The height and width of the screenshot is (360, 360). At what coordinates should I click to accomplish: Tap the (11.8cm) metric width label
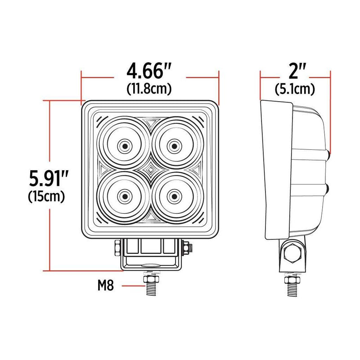(x=149, y=89)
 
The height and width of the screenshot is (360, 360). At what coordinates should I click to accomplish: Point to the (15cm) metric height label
(x=47, y=197)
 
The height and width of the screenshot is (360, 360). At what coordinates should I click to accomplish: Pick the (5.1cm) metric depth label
(x=295, y=89)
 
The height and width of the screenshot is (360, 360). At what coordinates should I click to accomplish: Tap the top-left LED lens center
(x=124, y=145)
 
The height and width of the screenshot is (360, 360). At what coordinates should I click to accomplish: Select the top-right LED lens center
(x=174, y=145)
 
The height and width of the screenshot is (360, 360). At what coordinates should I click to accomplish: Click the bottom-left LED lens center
(x=124, y=196)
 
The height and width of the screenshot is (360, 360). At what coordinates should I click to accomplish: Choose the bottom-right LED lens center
(x=174, y=196)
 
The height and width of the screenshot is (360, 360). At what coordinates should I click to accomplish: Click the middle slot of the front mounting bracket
(x=148, y=246)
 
